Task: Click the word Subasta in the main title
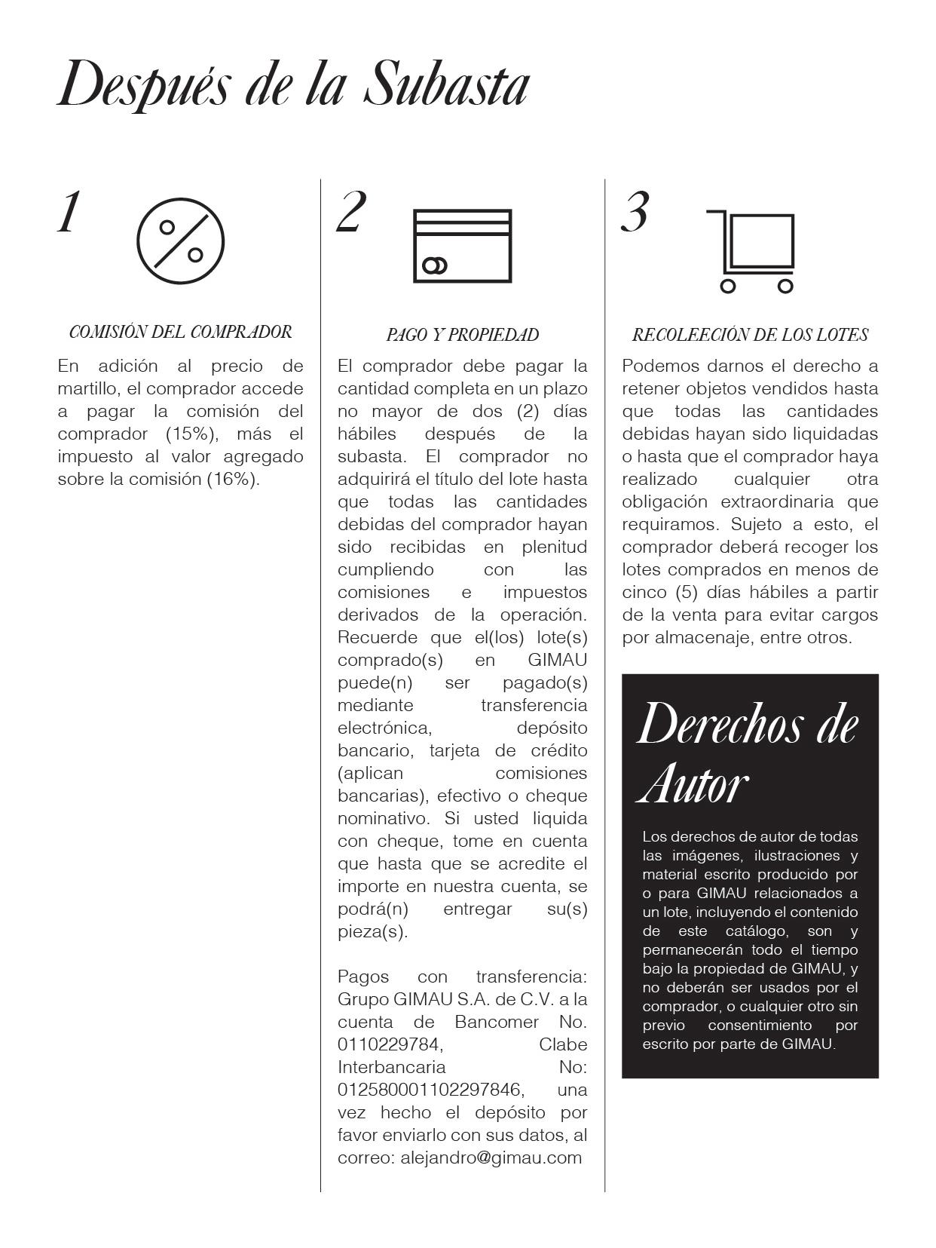click(x=446, y=84)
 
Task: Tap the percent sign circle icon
click(x=180, y=241)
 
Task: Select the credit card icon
click(x=463, y=246)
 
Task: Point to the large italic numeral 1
click(x=69, y=213)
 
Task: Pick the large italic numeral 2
click(x=351, y=212)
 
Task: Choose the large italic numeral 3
click(x=635, y=212)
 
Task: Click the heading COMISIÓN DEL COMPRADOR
click(x=180, y=332)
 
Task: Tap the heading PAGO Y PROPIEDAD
click(x=462, y=335)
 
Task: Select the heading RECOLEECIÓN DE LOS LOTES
click(x=750, y=335)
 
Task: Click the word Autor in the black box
click(x=693, y=784)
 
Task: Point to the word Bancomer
click(x=497, y=1022)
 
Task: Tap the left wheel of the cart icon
click(x=728, y=286)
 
